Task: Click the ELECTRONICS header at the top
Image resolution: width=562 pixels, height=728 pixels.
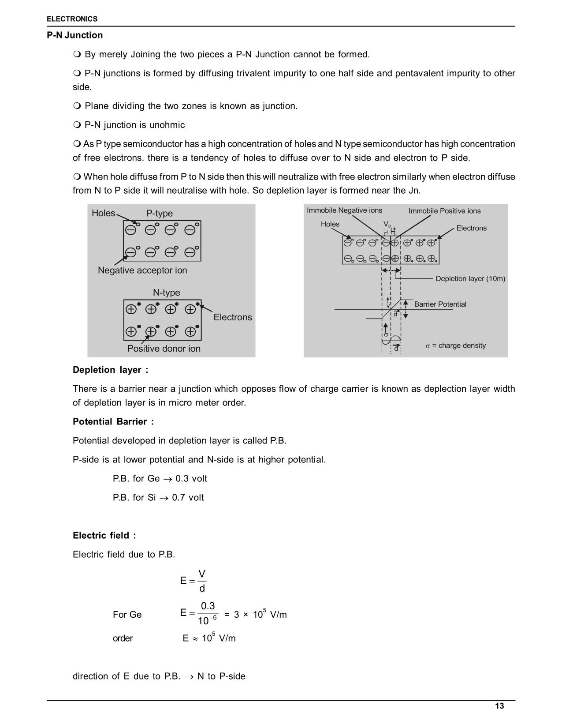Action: [72, 19]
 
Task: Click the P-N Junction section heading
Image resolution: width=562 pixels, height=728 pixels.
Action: [74, 35]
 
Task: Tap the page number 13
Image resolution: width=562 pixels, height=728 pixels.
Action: [499, 706]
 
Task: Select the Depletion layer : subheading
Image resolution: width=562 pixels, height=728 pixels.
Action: [110, 370]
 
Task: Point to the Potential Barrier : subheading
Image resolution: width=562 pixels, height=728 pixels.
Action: [113, 422]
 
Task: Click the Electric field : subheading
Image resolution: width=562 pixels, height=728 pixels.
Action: [104, 536]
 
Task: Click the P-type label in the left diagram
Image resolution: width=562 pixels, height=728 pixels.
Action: [160, 214]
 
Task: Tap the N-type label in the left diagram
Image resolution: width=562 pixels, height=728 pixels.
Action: [166, 293]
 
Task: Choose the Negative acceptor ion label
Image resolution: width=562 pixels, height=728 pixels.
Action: [142, 270]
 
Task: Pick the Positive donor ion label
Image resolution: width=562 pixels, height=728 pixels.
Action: [164, 349]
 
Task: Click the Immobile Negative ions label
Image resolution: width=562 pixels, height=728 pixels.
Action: [344, 210]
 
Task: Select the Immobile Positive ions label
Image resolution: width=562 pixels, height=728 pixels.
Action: [444, 211]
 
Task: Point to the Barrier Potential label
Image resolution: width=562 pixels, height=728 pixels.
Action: [440, 304]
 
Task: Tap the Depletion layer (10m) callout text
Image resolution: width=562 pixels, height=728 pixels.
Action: [470, 279]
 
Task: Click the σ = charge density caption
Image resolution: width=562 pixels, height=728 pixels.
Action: [455, 346]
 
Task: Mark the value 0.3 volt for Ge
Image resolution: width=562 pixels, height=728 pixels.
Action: [191, 479]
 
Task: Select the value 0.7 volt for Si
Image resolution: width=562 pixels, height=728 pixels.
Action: [188, 498]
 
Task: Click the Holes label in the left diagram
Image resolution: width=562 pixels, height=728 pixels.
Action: [103, 214]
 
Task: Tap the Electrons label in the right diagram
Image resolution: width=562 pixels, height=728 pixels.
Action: [471, 228]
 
